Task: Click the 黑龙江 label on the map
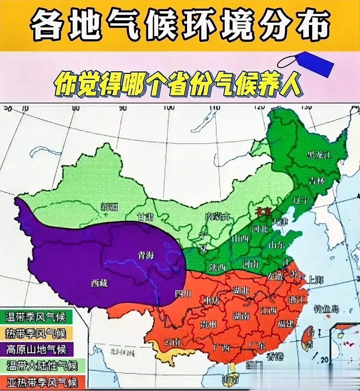tap(319, 155)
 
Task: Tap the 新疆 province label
tap(109, 207)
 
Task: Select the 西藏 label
tap(99, 283)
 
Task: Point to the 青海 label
tap(146, 255)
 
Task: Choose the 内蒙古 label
tap(218, 217)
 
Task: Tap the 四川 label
tap(183, 293)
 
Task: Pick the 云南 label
tap(172, 341)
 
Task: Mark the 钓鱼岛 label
tap(326, 309)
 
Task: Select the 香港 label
tap(275, 356)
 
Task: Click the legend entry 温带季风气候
tap(36, 317)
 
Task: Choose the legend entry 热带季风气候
tap(36, 333)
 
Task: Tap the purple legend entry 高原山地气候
tap(36, 349)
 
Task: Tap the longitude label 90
tap(123, 108)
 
